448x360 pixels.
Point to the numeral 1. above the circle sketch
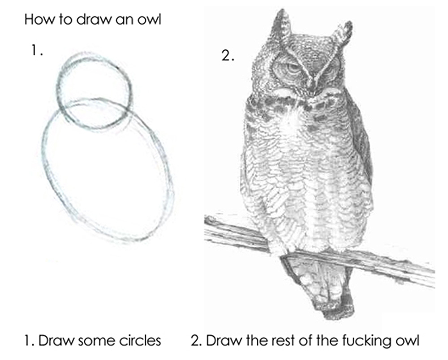37,51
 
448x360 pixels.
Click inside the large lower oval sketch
108,172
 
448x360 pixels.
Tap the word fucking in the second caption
365,341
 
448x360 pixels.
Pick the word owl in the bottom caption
406,341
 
